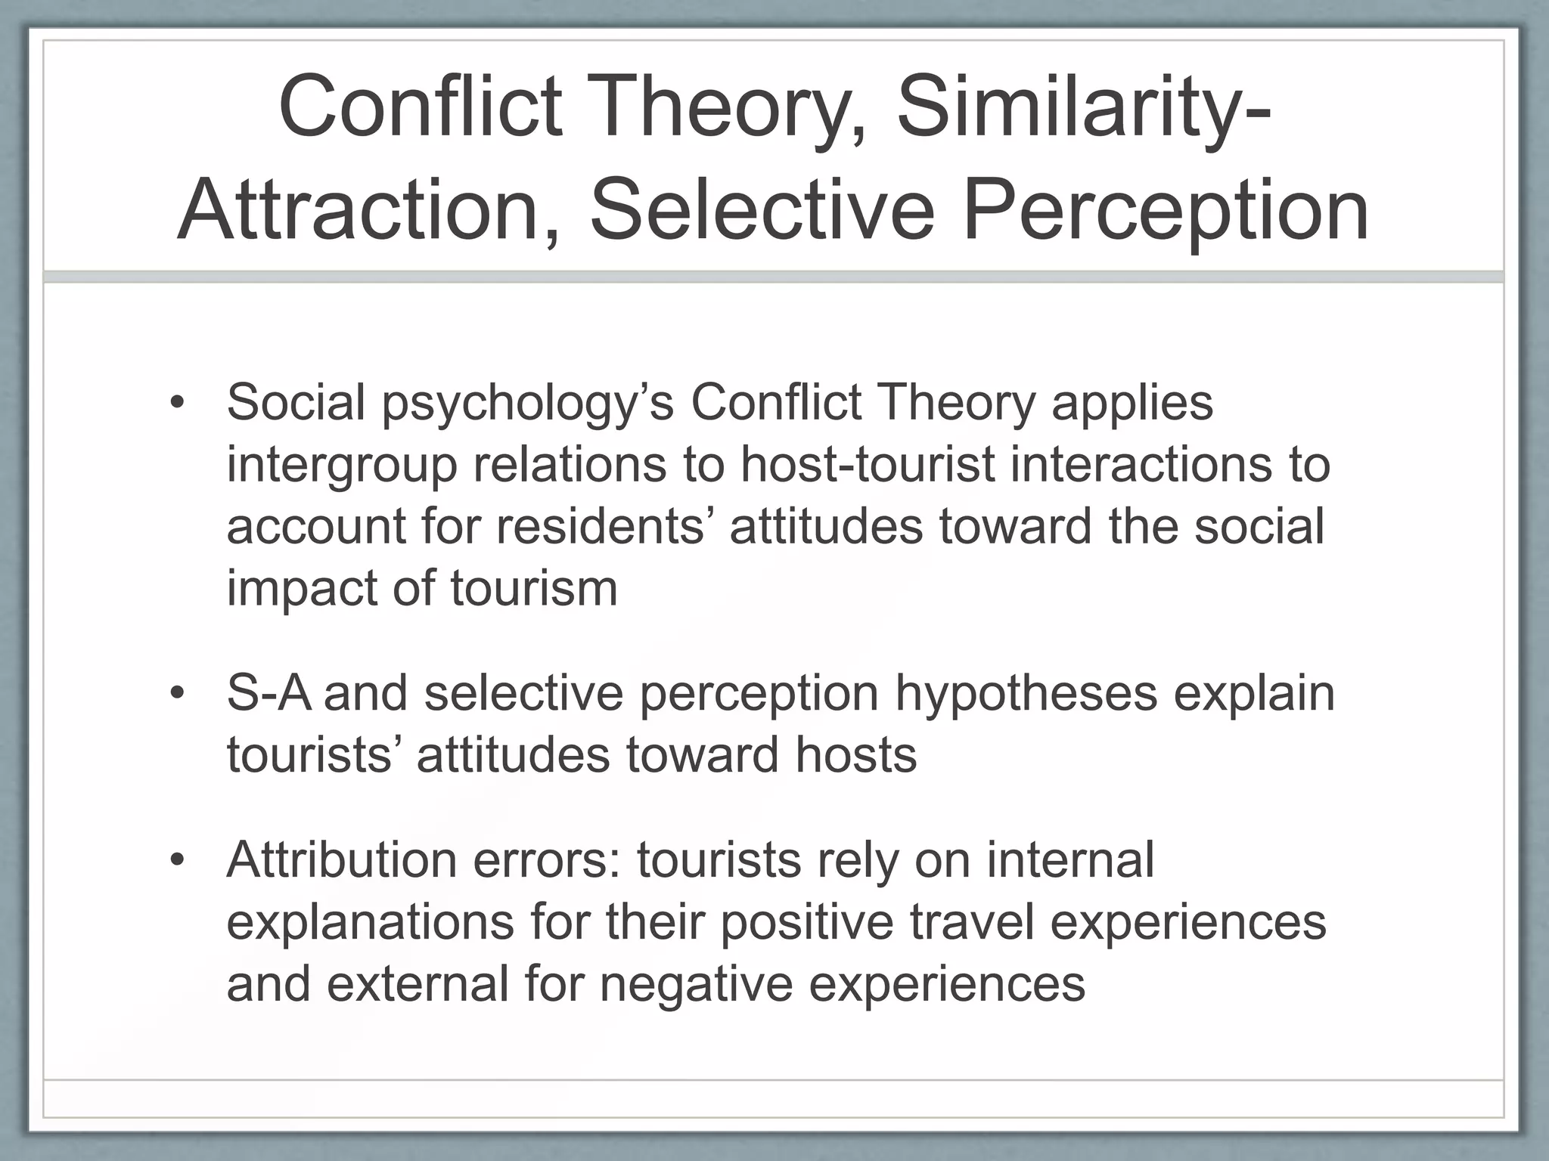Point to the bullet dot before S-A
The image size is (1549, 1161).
point(177,693)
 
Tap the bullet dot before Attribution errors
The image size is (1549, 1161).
point(177,860)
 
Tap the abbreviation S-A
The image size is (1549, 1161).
point(269,693)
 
